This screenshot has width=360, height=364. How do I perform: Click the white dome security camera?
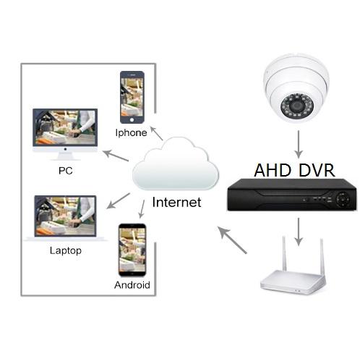pyautogui.click(x=296, y=88)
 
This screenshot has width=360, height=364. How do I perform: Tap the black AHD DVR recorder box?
pyautogui.click(x=291, y=195)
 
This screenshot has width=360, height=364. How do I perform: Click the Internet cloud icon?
pyautogui.click(x=176, y=164)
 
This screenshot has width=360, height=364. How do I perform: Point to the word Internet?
pyautogui.click(x=176, y=202)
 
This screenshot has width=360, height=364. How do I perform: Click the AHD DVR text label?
pyautogui.click(x=294, y=170)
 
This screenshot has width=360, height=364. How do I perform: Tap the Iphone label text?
pyautogui.click(x=131, y=132)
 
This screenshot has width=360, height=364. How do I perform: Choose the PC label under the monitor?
pyautogui.click(x=66, y=171)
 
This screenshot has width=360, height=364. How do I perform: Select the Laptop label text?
pyautogui.click(x=66, y=250)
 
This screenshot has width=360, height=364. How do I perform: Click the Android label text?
pyautogui.click(x=132, y=285)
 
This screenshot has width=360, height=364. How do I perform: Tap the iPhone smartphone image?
pyautogui.click(x=132, y=97)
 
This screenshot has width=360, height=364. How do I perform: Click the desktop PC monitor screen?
pyautogui.click(x=65, y=128)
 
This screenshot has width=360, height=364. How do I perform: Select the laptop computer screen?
pyautogui.click(x=65, y=216)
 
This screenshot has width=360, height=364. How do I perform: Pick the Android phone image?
pyautogui.click(x=132, y=250)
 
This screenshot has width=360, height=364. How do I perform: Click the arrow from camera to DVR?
pyautogui.click(x=299, y=144)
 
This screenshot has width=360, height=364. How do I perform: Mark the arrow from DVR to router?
pyautogui.click(x=299, y=232)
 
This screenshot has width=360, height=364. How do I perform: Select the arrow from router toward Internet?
pyautogui.click(x=232, y=240)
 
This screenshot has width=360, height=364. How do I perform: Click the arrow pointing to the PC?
pyautogui.click(x=116, y=156)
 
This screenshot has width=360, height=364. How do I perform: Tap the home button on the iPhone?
pyautogui.click(x=132, y=120)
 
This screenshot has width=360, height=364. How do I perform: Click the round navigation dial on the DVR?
pyautogui.click(x=343, y=199)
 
